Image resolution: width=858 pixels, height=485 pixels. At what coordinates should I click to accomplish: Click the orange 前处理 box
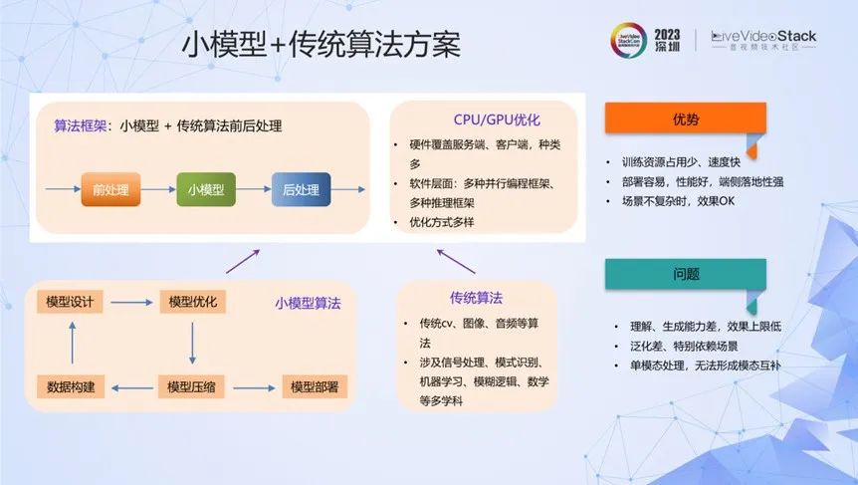click(110, 189)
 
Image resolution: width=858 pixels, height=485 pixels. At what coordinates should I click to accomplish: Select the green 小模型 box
click(206, 189)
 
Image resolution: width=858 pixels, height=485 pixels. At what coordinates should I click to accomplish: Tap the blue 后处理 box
click(301, 189)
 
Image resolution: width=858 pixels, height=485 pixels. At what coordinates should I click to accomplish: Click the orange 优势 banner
click(685, 118)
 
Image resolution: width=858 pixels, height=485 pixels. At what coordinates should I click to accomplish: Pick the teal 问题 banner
click(685, 274)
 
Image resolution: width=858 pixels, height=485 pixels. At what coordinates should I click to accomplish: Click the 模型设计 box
click(70, 302)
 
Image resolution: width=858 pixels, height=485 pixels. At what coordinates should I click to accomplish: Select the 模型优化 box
click(193, 302)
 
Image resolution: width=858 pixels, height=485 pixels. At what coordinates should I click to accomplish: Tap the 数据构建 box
click(71, 387)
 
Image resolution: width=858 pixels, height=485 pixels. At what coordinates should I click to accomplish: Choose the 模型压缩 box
click(191, 387)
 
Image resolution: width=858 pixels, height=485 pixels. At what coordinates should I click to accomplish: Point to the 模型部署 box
click(315, 387)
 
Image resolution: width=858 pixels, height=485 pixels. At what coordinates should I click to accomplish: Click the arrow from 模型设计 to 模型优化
click(131, 302)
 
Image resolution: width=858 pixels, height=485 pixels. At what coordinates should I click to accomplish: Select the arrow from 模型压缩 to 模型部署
click(255, 388)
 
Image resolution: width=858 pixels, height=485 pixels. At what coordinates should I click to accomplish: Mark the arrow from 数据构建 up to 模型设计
click(73, 343)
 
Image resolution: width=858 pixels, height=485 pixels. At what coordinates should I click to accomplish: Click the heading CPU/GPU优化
click(497, 120)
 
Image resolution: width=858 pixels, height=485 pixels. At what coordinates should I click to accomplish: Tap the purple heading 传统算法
click(476, 298)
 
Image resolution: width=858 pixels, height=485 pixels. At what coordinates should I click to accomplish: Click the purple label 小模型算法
click(308, 303)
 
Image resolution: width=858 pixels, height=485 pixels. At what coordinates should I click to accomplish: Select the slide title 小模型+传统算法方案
click(321, 45)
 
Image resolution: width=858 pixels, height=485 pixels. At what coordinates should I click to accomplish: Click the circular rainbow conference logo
click(629, 41)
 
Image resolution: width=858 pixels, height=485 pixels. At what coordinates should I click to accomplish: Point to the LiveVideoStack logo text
click(763, 37)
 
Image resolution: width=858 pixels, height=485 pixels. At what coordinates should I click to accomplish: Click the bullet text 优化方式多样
click(442, 222)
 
